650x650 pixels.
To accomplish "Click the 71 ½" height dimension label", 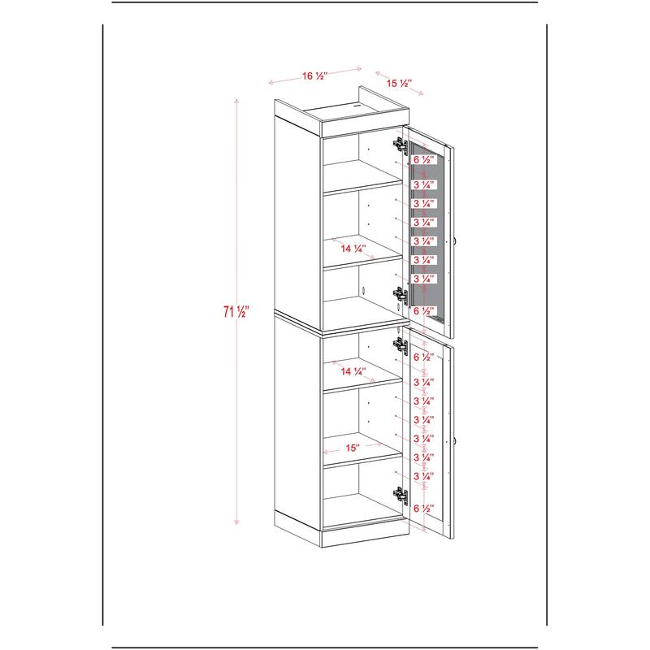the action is [236, 311].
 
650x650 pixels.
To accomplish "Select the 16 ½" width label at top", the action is [314, 76].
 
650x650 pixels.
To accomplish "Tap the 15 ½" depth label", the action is [399, 84].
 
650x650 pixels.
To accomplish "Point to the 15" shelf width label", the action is [352, 448].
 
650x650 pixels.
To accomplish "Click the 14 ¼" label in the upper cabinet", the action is [353, 249].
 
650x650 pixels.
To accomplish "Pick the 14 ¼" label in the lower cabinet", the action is [353, 371].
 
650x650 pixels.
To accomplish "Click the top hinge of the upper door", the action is [401, 145].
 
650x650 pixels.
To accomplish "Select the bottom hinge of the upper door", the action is [401, 295].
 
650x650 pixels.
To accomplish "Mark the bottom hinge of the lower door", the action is [401, 495].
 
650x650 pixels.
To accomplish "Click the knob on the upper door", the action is [455, 240].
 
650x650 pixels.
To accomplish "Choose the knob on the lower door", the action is [455, 440].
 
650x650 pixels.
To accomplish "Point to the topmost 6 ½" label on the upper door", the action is [423, 159].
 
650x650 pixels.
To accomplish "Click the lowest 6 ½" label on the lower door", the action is [423, 508].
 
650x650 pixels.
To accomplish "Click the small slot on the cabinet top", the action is [356, 106].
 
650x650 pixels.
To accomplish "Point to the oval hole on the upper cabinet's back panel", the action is [363, 291].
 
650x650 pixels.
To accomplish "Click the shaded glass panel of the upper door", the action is [427, 232].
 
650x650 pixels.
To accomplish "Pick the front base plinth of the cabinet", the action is [365, 537].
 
